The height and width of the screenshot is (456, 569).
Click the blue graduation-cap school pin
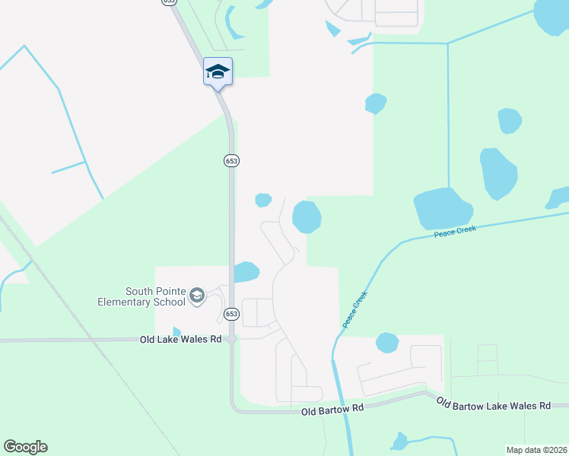(218, 71)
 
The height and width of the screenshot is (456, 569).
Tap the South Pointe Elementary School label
(141, 296)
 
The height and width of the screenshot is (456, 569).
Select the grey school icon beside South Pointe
(197, 295)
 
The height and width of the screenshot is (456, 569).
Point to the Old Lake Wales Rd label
(180, 340)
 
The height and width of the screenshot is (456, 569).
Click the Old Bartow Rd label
(332, 410)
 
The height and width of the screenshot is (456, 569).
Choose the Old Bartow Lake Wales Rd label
(493, 406)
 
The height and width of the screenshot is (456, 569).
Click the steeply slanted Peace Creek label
(354, 309)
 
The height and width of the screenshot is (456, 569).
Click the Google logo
(25, 446)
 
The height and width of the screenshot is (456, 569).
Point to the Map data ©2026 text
(537, 449)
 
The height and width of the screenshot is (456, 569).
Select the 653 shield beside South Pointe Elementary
(232, 313)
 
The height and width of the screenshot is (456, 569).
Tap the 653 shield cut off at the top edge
(169, 2)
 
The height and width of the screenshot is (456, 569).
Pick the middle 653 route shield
(232, 160)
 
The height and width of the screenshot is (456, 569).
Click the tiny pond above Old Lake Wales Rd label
(176, 332)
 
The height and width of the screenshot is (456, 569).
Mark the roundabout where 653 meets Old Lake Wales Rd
(232, 340)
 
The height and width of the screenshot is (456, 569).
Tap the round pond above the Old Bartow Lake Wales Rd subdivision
(387, 343)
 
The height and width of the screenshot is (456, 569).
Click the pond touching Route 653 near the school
(246, 271)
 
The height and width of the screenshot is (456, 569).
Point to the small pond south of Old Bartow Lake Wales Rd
(399, 441)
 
